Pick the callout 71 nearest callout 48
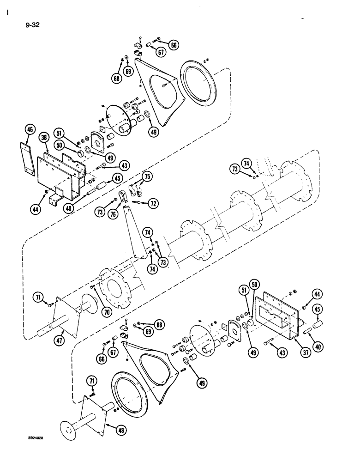pos(92,380)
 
